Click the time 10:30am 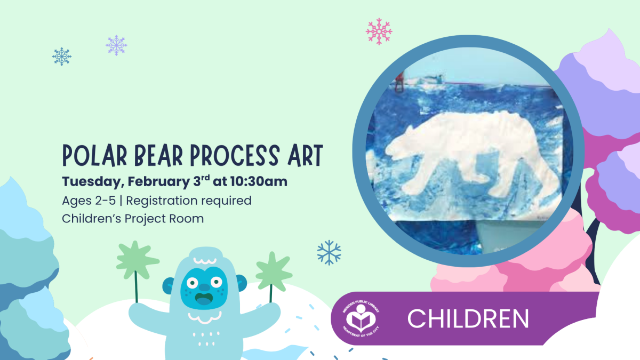point(258,181)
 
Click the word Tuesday point(92,182)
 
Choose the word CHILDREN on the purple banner point(468,318)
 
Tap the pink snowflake point(379,31)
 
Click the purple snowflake point(116,45)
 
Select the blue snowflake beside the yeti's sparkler point(329,252)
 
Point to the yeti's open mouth point(203,298)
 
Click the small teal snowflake point(62,56)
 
